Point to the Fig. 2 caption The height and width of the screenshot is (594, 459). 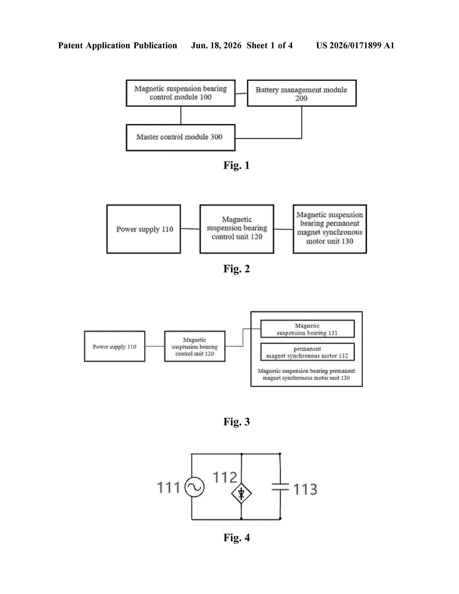tap(236, 269)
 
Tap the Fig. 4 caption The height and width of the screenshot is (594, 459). tap(236, 537)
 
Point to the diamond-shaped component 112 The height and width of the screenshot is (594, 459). tap(241, 493)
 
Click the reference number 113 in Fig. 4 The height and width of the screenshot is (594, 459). tap(305, 489)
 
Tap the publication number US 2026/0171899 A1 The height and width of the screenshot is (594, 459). tap(355, 45)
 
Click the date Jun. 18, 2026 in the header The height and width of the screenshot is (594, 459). tap(216, 45)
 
